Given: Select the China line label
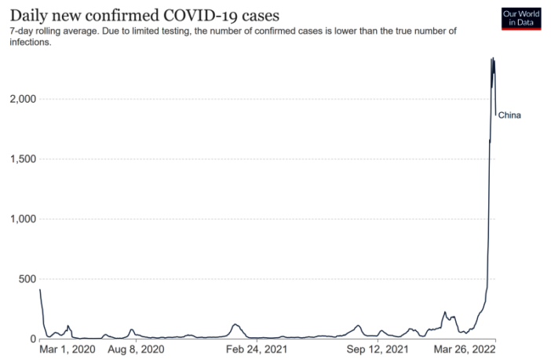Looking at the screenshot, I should (x=509, y=115).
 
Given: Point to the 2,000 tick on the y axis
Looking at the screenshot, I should (x=23, y=99).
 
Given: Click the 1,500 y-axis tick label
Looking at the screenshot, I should (x=23, y=159).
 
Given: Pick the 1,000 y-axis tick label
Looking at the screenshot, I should (x=23, y=219).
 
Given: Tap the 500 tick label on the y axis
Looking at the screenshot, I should (x=27, y=279).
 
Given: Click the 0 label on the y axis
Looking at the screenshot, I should (x=33, y=339).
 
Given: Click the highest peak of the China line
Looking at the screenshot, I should (x=492, y=58).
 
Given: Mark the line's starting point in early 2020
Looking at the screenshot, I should (x=40, y=290).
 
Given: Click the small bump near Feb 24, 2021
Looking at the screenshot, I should (x=235, y=324).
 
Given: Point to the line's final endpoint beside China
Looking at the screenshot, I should (x=495, y=115).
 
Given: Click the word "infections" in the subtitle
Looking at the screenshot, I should (x=31, y=42).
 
